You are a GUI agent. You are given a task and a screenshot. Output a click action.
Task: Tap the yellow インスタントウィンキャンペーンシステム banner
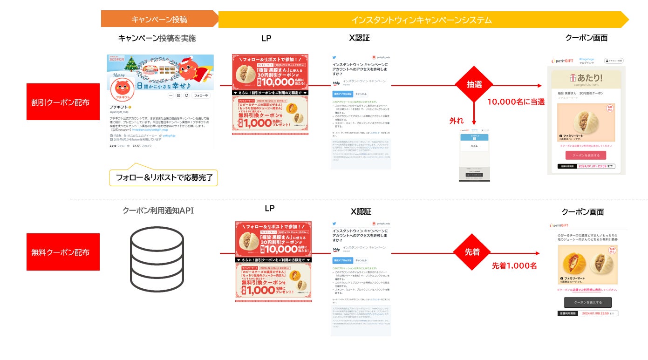422,20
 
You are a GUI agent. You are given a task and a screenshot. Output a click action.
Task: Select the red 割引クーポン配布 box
63,102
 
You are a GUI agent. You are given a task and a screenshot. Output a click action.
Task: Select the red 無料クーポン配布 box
63,252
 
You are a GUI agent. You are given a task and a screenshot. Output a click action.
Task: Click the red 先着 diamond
471,252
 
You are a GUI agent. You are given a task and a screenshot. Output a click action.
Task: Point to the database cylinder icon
157,259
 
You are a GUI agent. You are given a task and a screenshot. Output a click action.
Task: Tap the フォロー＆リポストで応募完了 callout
164,177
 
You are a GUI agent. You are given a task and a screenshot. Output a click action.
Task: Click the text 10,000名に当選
516,102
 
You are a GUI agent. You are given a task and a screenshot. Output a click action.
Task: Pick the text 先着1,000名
514,265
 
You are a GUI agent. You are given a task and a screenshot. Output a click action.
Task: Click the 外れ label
456,121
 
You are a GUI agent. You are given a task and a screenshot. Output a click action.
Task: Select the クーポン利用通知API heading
158,211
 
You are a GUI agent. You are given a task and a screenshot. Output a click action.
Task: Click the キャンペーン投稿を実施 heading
157,38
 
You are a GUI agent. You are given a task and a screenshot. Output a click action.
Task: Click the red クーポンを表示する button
586,155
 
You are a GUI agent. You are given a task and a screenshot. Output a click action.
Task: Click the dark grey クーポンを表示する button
587,302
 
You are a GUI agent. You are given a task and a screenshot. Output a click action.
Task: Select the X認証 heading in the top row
360,38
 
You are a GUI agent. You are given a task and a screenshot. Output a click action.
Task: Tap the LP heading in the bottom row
269,208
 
